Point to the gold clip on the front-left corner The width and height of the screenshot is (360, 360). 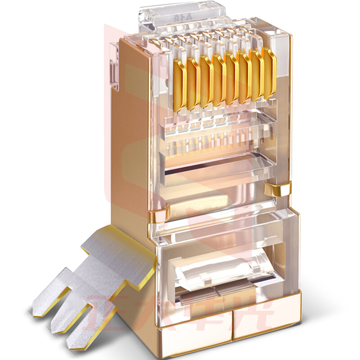[158, 217]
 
